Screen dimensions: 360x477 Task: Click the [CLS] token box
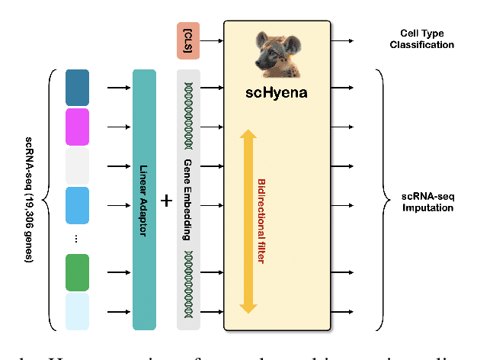tap(187, 40)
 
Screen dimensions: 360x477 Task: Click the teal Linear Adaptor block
tap(144, 199)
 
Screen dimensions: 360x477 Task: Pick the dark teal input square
tap(77, 87)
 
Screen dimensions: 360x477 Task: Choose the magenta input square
tap(77, 127)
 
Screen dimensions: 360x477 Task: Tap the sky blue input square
tap(77, 205)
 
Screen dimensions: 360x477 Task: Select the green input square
tap(77, 272)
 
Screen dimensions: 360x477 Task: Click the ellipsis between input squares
tap(77, 239)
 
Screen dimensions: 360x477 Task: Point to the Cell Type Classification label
tap(427, 39)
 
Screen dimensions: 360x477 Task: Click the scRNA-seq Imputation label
tap(427, 202)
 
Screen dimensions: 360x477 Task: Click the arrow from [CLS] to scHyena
tap(211, 40)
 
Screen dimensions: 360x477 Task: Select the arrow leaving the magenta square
tap(118, 127)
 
